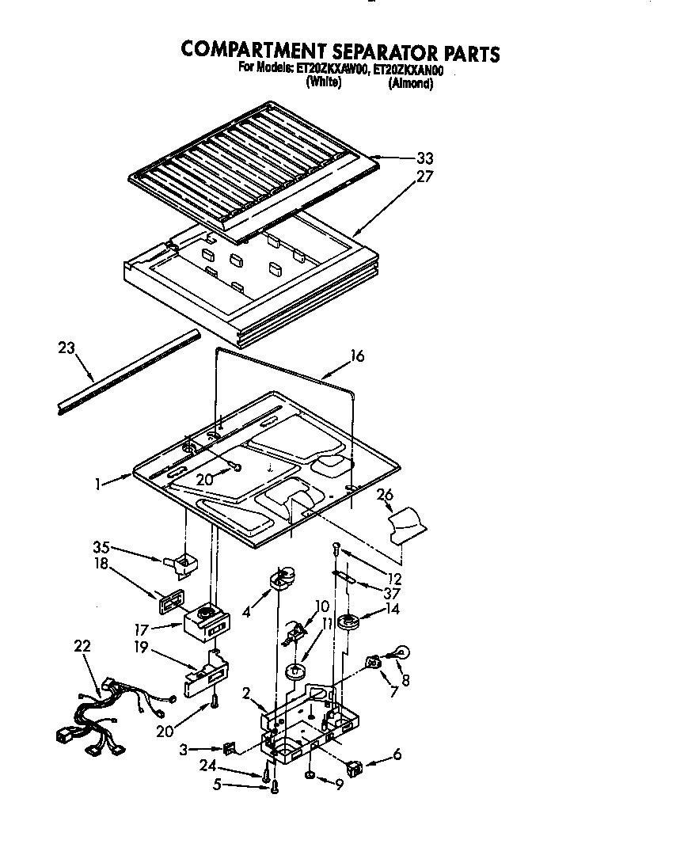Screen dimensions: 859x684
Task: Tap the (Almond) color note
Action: [410, 84]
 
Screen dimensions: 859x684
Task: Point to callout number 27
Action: [424, 177]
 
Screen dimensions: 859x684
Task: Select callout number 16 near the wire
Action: [357, 356]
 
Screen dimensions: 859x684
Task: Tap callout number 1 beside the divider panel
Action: [97, 482]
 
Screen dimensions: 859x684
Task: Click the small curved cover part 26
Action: [408, 523]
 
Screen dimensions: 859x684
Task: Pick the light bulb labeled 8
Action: [401, 653]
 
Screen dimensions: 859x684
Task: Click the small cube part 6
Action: [353, 766]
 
